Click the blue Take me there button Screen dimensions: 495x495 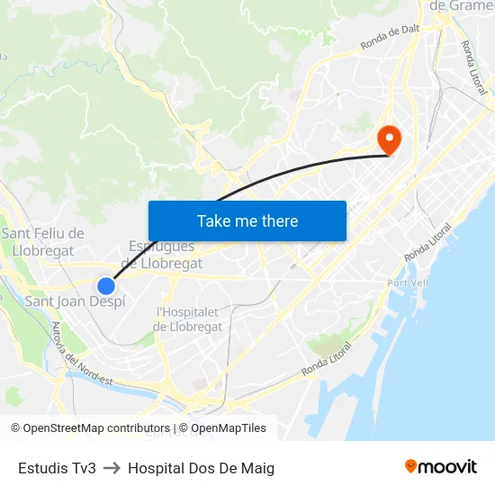point(247,220)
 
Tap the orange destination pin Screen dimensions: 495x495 point(390,139)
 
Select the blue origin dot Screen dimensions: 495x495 point(106,286)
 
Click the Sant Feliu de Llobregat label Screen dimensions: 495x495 point(43,242)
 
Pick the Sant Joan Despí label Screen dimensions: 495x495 point(75,301)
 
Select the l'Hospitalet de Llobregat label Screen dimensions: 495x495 point(189,319)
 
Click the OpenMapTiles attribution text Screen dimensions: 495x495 point(229,428)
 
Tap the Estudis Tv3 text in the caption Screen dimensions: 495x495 point(57,468)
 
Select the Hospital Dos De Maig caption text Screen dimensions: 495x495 point(201,468)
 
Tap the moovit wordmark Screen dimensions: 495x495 point(447,466)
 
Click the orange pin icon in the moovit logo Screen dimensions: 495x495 point(411,466)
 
